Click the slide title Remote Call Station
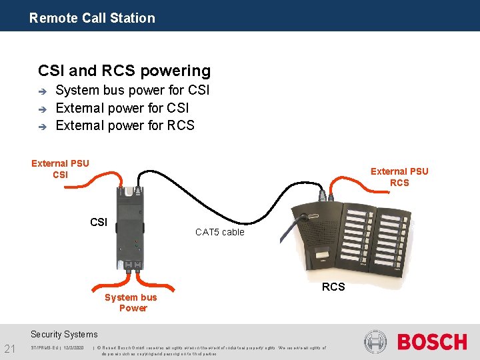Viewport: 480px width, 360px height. coord(92,18)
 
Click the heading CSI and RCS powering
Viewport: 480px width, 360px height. coord(124,71)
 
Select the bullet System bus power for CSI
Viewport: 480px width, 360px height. coord(133,90)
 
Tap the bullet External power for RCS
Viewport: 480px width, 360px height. coord(125,125)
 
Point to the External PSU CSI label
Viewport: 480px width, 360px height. coord(60,169)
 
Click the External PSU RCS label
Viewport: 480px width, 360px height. coord(399,177)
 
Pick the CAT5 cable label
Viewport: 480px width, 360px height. coord(219,232)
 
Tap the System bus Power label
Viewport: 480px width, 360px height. coord(131,303)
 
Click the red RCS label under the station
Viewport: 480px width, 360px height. coord(333,287)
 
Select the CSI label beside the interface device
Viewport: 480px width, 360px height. coord(99,222)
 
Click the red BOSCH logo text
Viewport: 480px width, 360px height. coord(432,342)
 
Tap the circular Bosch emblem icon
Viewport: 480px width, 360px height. coord(376,342)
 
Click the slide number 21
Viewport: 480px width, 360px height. coord(10,347)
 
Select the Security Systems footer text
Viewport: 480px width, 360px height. coord(64,334)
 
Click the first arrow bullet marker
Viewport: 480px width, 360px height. coord(41,91)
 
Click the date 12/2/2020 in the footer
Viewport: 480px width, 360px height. coord(74,347)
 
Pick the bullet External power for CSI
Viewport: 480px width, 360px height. coord(123,107)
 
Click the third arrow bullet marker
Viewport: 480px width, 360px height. coord(41,126)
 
